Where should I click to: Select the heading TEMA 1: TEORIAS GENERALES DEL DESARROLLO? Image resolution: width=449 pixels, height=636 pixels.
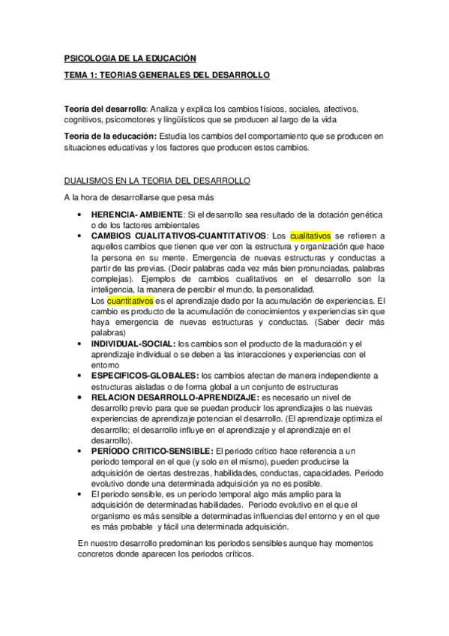[x=166, y=76]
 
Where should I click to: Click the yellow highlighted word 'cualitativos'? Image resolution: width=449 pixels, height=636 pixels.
[x=310, y=235]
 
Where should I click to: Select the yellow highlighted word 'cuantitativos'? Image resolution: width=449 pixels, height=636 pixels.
[x=130, y=300]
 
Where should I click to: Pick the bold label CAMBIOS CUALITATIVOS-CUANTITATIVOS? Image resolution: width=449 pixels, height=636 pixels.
[x=178, y=235]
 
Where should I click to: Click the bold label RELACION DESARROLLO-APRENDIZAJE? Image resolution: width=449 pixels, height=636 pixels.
[x=173, y=397]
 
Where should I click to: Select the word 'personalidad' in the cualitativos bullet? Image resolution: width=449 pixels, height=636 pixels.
[x=275, y=289]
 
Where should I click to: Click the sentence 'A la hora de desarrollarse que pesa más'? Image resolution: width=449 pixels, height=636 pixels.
[x=139, y=198]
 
